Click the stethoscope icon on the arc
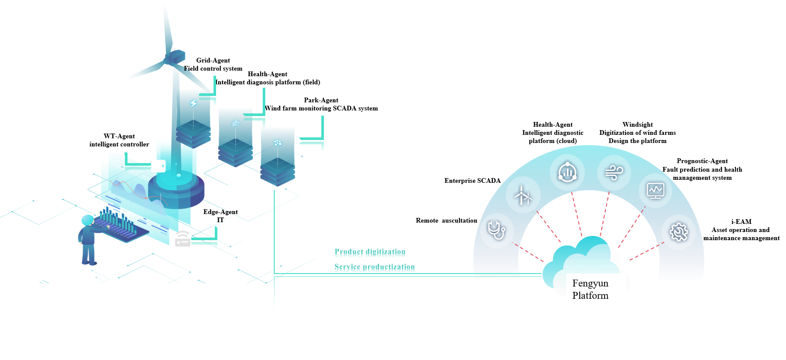point(496,230)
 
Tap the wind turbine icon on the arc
point(523,195)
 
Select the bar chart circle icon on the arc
point(567,173)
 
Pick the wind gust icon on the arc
point(614,173)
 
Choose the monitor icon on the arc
point(655,190)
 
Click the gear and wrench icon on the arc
point(679,232)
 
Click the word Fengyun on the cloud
point(590,283)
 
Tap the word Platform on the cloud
point(590,295)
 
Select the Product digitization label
point(370,253)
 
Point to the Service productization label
point(374,268)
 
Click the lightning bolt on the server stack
point(193,103)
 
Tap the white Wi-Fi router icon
point(183,238)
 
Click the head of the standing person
point(87,220)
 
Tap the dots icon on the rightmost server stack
point(278,143)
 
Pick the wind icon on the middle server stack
point(235,123)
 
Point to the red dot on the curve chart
point(146,198)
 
